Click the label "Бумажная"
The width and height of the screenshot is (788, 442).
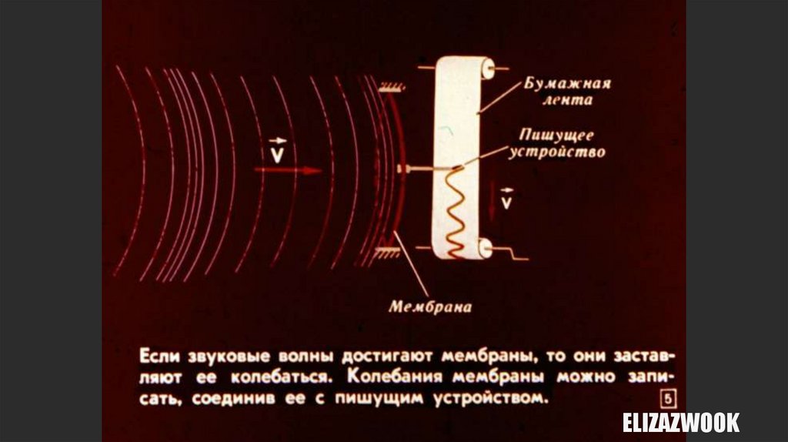(567, 84)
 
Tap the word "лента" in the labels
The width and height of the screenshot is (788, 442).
(566, 101)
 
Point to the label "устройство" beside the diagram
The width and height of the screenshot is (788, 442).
(557, 152)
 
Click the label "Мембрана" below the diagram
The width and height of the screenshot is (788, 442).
(429, 306)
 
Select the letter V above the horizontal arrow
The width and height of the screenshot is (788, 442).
(277, 154)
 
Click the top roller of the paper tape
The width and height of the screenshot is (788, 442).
(486, 69)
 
